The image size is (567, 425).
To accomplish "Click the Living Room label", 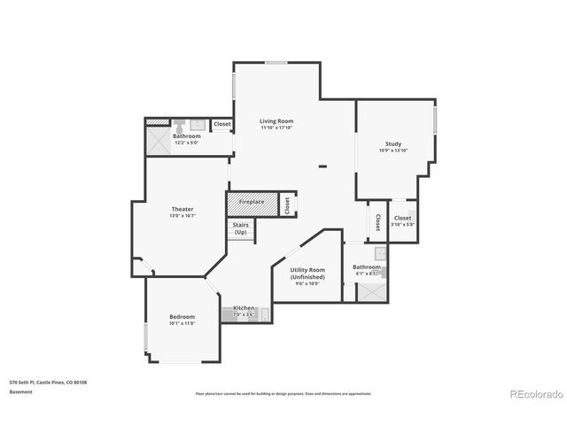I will pyautogui.click(x=276, y=121).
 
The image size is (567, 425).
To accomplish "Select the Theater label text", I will pyautogui.click(x=183, y=210).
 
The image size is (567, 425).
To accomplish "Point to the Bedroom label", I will pyautogui.click(x=183, y=316).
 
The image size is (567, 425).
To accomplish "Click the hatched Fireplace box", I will pyautogui.click(x=252, y=203).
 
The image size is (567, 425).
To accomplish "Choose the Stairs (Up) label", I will pyautogui.click(x=240, y=228).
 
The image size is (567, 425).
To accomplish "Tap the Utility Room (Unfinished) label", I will pyautogui.click(x=307, y=273).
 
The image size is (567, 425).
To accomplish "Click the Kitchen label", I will pyautogui.click(x=244, y=308).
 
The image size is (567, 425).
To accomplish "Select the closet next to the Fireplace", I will pyautogui.click(x=287, y=205).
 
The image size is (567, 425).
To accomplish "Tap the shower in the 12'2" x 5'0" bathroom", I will pyautogui.click(x=157, y=139).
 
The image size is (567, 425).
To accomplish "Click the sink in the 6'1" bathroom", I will pyautogui.click(x=379, y=255).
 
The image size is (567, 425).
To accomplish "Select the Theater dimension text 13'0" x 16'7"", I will pyautogui.click(x=183, y=216).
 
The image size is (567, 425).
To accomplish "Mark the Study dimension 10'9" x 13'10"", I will pyautogui.click(x=392, y=151).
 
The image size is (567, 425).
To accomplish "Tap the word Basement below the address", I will pyautogui.click(x=21, y=391).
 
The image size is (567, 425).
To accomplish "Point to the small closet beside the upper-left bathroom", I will pyautogui.click(x=222, y=125).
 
